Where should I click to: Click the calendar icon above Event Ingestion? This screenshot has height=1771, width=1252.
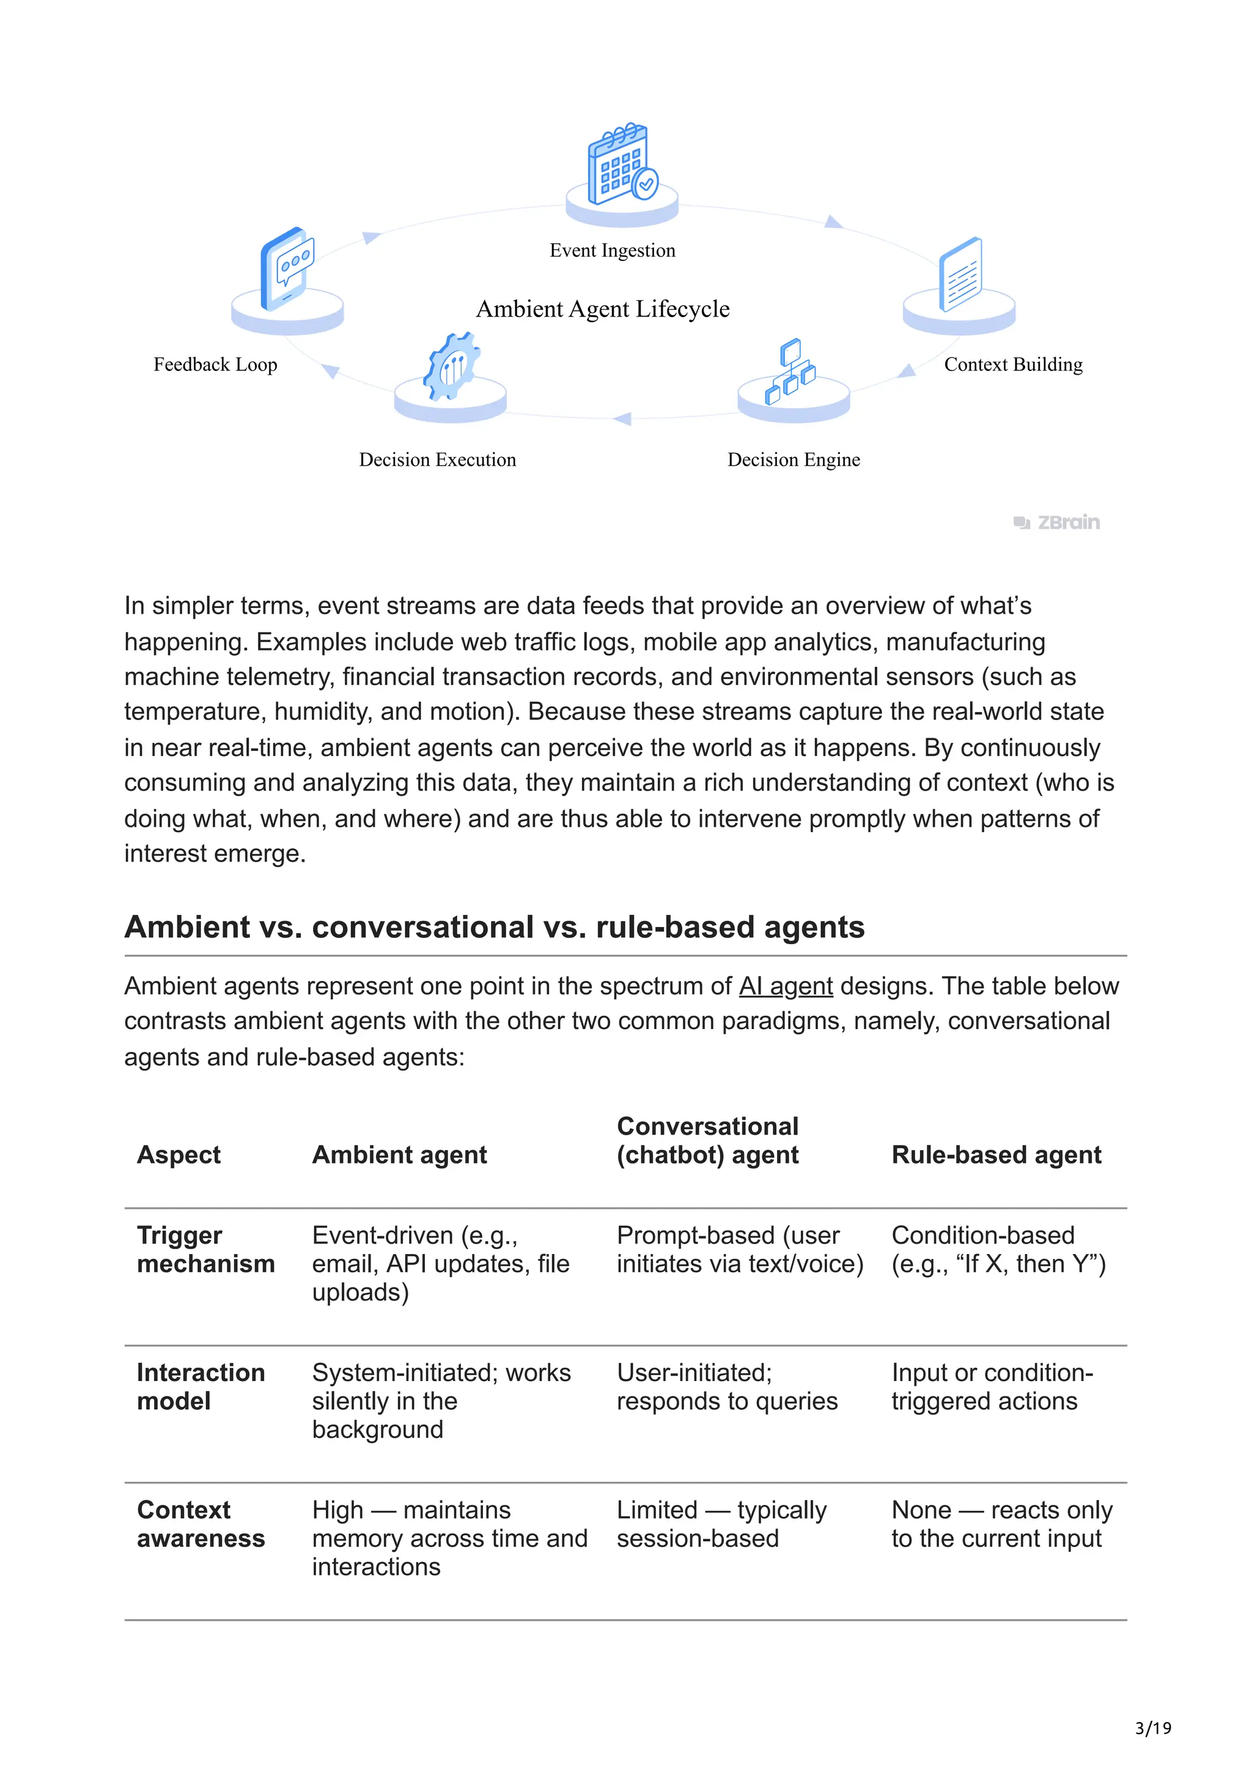coord(622,164)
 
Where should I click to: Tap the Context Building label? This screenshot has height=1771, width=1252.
coord(1012,364)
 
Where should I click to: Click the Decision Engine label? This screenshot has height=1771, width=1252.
coord(793,460)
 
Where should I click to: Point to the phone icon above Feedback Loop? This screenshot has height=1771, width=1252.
coord(286,268)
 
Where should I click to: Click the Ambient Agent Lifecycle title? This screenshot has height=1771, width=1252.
coord(603,309)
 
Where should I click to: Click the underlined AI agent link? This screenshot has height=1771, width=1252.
coord(786,986)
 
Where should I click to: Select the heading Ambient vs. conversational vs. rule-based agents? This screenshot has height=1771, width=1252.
coord(494,926)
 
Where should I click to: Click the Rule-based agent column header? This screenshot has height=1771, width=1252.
coord(996,1155)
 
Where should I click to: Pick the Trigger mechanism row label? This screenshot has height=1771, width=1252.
coord(205,1250)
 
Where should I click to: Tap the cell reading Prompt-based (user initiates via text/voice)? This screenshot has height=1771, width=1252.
coord(739,1250)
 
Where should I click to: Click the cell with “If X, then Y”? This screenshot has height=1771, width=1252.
coord(998,1250)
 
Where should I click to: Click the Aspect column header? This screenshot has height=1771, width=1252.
coord(178,1155)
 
